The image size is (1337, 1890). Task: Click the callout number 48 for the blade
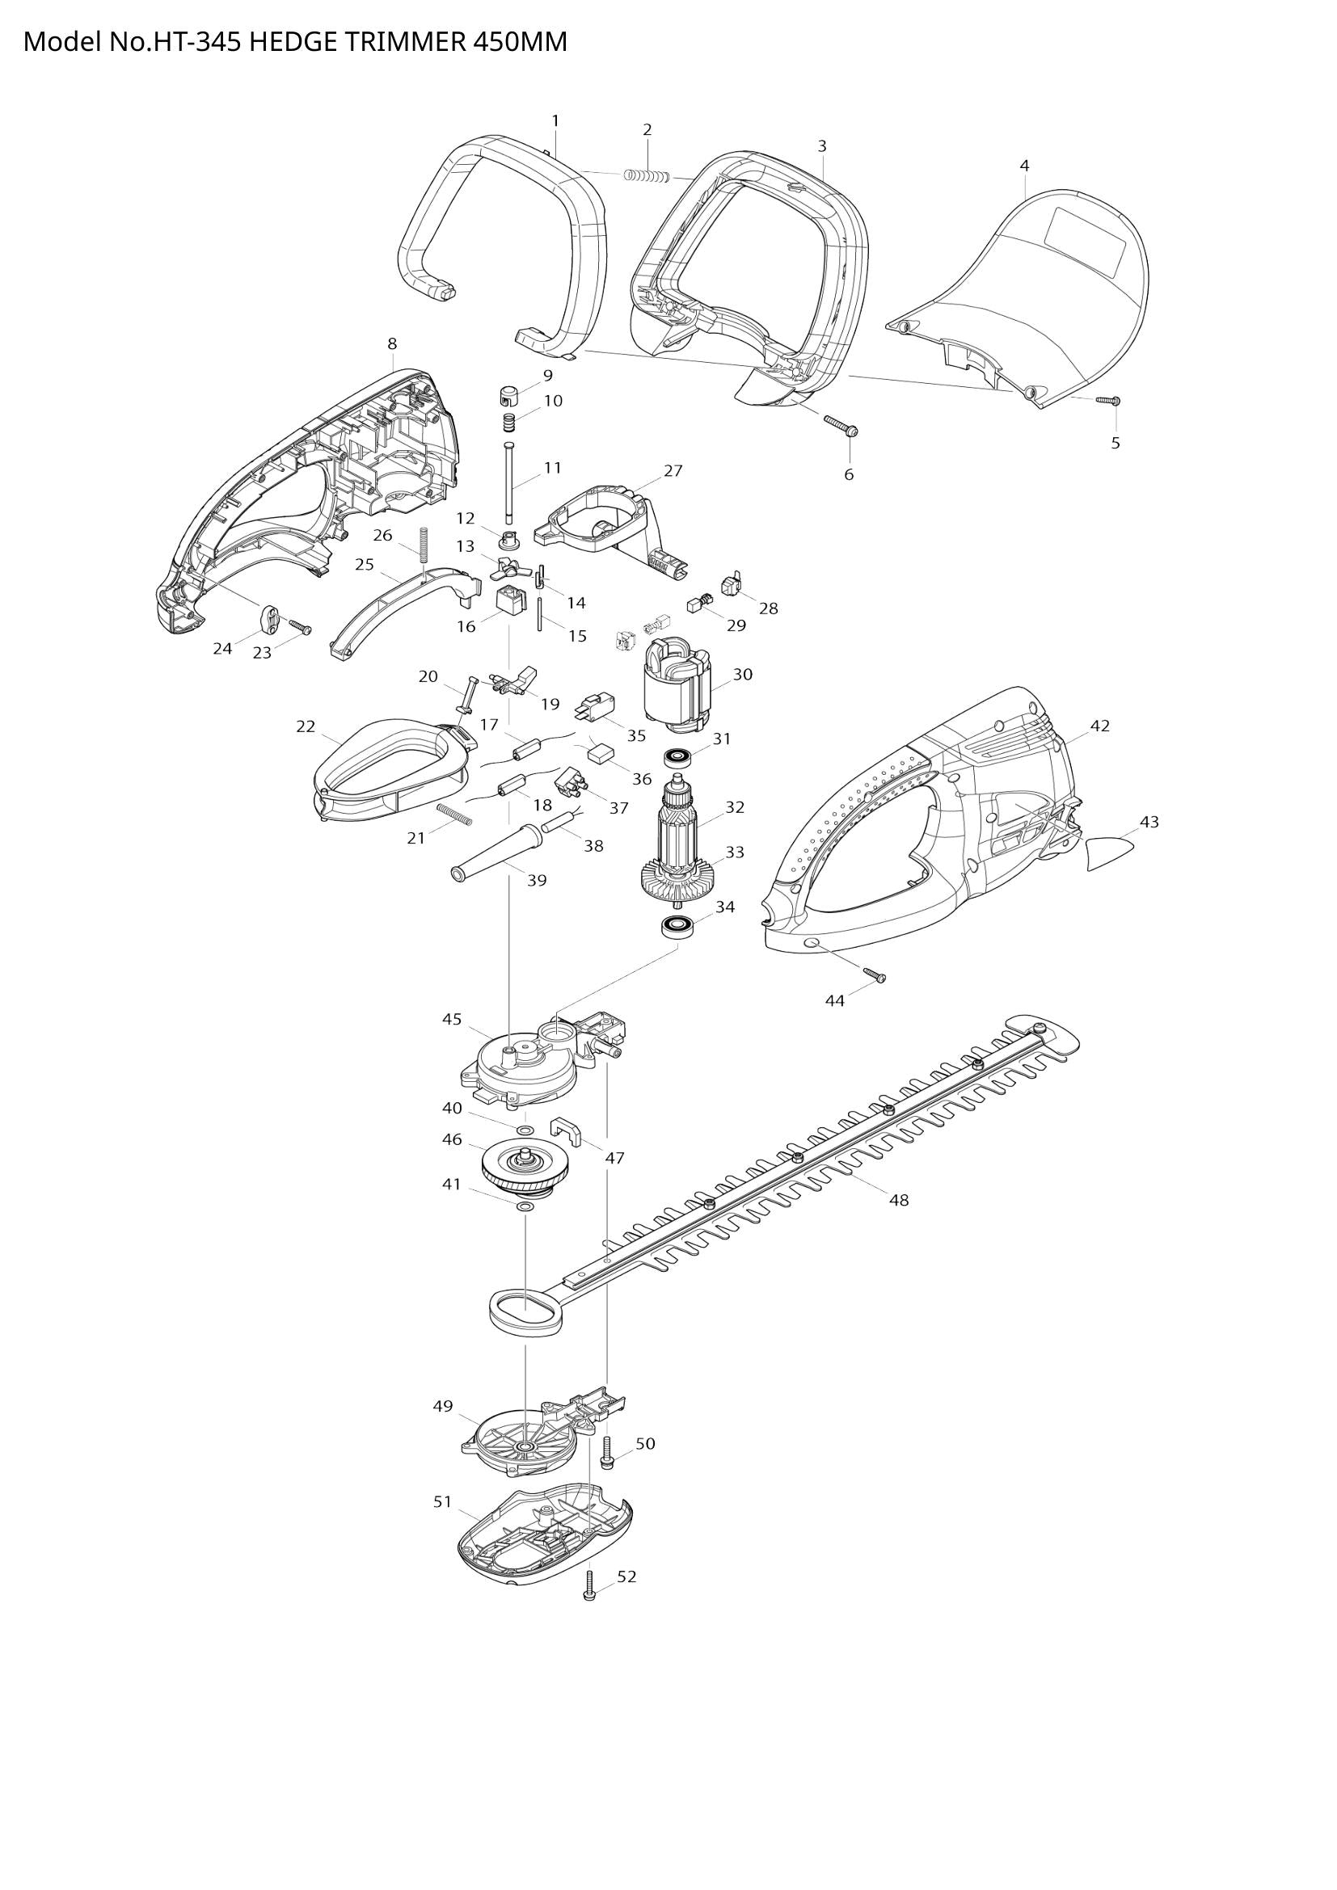click(898, 1200)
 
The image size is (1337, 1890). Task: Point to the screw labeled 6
click(841, 426)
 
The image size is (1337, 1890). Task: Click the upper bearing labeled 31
click(679, 755)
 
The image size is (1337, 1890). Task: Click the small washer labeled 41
click(524, 1207)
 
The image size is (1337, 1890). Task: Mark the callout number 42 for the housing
click(1100, 726)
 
